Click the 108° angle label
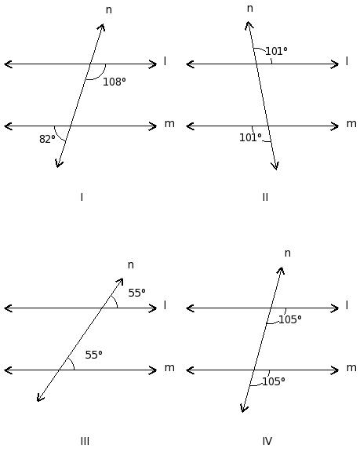[x=115, y=82]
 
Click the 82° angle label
[x=47, y=139]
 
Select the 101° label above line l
[x=276, y=51]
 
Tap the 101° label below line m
[x=250, y=137]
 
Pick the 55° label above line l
[x=136, y=293]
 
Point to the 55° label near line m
[x=93, y=355]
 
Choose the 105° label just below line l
[x=290, y=319]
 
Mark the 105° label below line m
[x=274, y=381]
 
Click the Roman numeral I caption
[x=82, y=198]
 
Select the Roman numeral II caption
[x=265, y=198]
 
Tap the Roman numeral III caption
[x=85, y=441]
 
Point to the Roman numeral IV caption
[x=267, y=441]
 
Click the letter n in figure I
[x=108, y=10]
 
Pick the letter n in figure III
[x=130, y=265]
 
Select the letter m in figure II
[x=351, y=124]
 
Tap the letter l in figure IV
[x=347, y=305]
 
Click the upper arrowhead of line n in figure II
[x=249, y=24]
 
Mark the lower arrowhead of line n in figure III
[x=40, y=398]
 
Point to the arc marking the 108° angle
[x=100, y=75]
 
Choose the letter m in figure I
[x=169, y=124]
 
